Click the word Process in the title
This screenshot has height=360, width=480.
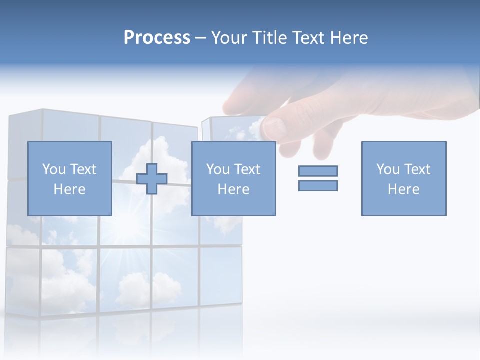click(x=157, y=38)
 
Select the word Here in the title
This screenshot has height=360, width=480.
click(x=349, y=38)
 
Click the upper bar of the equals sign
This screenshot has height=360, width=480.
click(x=318, y=171)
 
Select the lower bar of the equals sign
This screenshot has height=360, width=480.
click(x=318, y=185)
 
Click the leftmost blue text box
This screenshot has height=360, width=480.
click(x=69, y=178)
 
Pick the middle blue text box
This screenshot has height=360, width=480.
click(x=233, y=178)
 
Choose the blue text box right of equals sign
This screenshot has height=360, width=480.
click(x=403, y=178)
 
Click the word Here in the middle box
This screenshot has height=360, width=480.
click(x=233, y=189)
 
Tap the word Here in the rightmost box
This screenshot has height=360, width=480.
click(x=403, y=189)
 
